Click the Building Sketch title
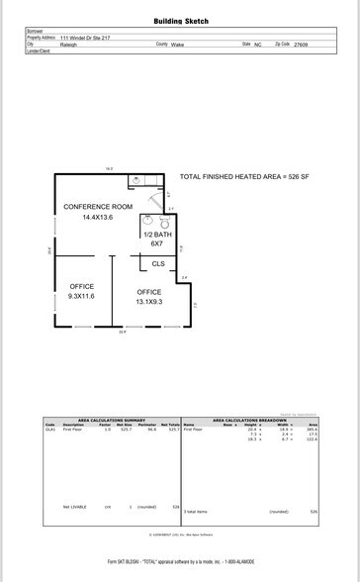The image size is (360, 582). tap(181, 21)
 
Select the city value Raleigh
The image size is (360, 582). tap(69, 45)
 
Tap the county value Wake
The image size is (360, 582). tap(177, 45)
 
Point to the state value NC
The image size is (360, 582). tap(257, 45)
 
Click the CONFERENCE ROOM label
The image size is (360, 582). tap(98, 206)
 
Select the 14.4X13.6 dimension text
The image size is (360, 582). tap(98, 218)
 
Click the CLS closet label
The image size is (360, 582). tap(158, 263)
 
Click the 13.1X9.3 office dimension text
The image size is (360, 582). tap(149, 302)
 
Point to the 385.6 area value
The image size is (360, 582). tap(312, 430)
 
